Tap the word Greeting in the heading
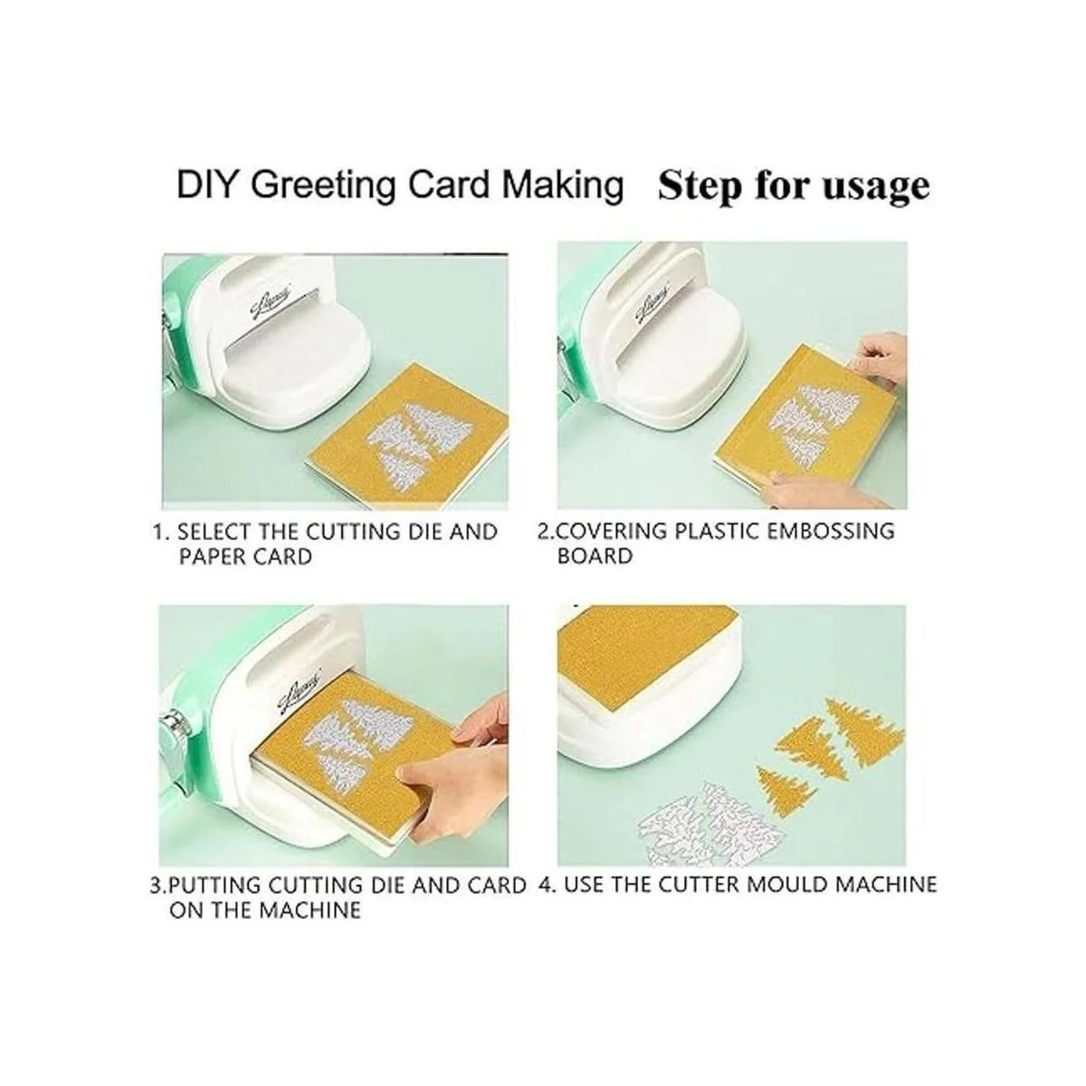tap(323, 187)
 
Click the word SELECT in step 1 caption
tap(212, 531)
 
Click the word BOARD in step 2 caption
tap(595, 557)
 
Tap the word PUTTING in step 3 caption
tap(214, 885)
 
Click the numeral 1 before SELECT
tap(159, 531)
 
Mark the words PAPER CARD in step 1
tap(245, 557)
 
